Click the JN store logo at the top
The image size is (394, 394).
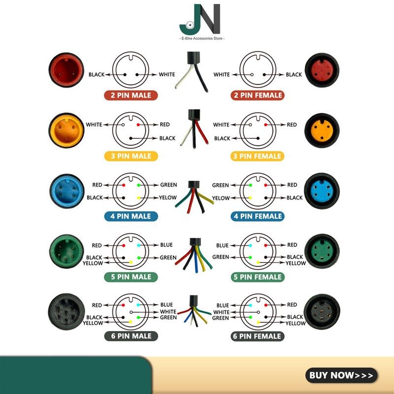tap(200, 19)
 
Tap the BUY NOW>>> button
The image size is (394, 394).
tap(341, 375)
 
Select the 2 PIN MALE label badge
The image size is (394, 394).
tap(131, 96)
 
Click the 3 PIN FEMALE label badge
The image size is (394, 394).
tap(257, 156)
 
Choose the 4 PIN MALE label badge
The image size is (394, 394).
tap(131, 216)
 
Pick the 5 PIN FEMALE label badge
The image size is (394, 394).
tap(258, 277)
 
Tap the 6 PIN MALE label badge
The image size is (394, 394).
tap(131, 336)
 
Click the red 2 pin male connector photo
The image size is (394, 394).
tap(66, 70)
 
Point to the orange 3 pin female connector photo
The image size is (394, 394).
tap(322, 131)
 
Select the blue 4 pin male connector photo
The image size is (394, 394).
tap(67, 191)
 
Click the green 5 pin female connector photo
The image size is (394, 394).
tap(322, 251)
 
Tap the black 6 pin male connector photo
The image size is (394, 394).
tap(66, 312)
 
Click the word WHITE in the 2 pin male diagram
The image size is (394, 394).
tap(167, 74)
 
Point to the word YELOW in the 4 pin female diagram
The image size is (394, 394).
tap(221, 198)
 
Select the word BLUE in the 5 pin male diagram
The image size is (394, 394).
tap(166, 245)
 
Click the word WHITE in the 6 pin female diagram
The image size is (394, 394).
tap(221, 312)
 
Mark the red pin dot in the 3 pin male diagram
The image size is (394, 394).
tap(138, 125)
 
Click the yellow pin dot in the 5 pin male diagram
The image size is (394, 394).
tap(131, 263)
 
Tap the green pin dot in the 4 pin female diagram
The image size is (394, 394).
tap(251, 185)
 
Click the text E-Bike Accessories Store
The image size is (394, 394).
tap(202, 38)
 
